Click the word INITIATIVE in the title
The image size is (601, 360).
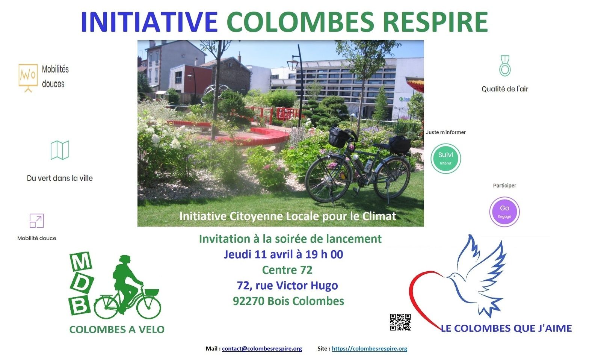point(149,22)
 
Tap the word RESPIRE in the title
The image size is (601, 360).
point(435,22)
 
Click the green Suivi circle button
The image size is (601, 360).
point(445,159)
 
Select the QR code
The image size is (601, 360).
point(400,322)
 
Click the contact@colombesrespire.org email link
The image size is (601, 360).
point(262,348)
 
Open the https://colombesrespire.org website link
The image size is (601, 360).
point(370,348)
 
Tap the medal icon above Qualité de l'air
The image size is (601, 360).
point(505,66)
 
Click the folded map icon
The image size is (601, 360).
point(60,150)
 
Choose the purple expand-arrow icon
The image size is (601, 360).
point(36,221)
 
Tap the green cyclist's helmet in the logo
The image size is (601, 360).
point(125,259)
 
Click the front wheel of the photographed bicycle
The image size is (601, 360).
point(328,179)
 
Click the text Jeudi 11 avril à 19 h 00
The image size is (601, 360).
point(284,254)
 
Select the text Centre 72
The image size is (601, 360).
point(287,270)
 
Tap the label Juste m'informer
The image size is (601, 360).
point(445,132)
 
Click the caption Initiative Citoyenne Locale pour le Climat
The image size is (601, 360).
point(288,216)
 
